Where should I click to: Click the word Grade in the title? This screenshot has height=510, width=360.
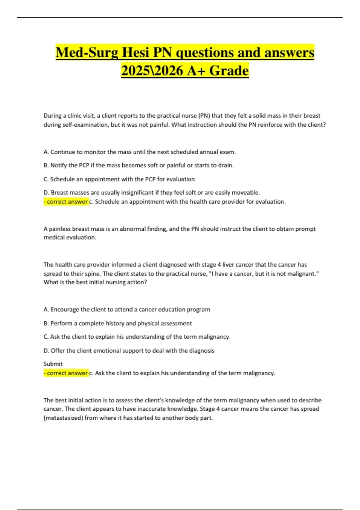229,71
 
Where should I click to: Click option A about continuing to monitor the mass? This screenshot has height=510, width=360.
139,152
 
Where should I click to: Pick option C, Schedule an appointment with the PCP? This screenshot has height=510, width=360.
119,179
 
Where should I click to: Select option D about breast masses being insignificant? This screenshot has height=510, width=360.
151,193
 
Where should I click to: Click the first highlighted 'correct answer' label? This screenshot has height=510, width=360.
66,202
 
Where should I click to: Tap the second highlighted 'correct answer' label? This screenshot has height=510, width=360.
66,373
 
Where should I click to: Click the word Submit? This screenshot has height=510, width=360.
53,364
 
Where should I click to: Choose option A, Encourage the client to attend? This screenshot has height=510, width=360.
127,309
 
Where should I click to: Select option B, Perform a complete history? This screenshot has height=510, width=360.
118,323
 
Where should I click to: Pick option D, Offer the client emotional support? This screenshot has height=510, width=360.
129,350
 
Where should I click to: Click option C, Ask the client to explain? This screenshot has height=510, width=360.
137,337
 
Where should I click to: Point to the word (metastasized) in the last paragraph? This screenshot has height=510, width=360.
63,418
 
